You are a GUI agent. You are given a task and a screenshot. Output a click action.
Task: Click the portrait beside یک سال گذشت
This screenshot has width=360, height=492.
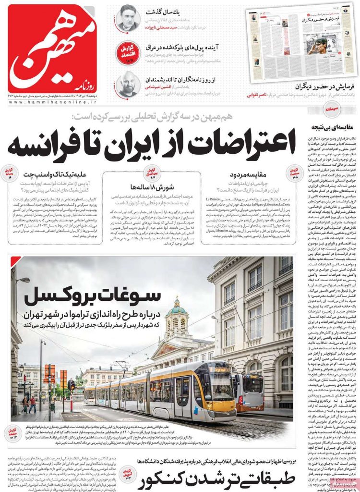pos(128,18)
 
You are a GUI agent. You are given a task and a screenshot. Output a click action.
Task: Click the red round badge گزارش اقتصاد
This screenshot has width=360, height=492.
pos(128,50)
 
